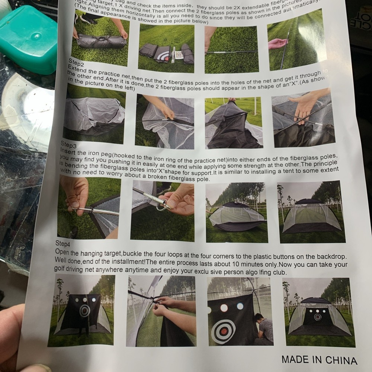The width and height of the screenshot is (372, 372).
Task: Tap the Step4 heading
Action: click(62, 244)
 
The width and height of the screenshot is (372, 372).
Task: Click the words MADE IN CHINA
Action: click(319, 360)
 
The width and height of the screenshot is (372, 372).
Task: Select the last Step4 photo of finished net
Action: click(318, 312)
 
